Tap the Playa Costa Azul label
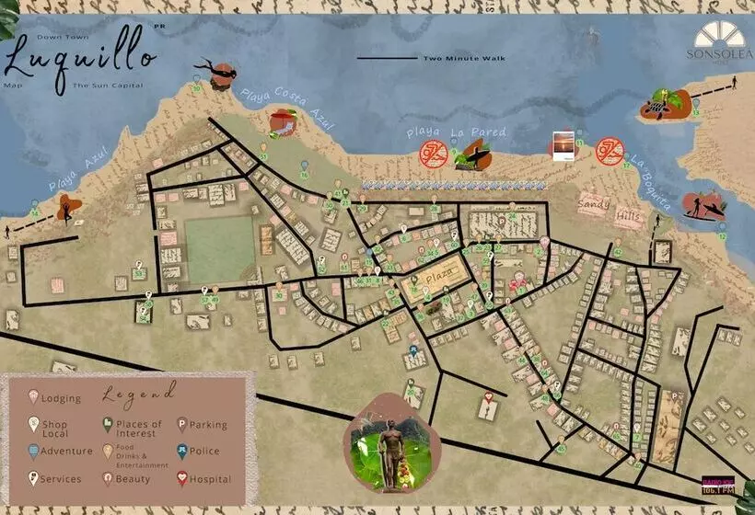(x=288, y=109)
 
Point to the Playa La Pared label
(x=457, y=132)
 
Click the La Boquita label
(x=652, y=188)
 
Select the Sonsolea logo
(x=719, y=40)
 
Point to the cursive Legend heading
(x=139, y=394)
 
